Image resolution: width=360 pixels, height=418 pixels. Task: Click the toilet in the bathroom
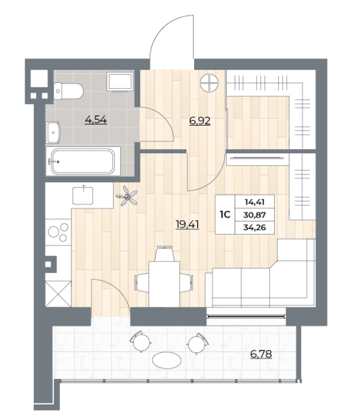[69, 91]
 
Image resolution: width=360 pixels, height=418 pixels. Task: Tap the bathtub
[83, 162]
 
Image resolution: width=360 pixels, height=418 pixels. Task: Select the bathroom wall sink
[53, 132]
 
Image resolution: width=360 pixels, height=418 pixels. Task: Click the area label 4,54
[96, 120]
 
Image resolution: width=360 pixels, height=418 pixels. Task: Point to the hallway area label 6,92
[200, 121]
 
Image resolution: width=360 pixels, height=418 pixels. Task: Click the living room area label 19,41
[188, 224]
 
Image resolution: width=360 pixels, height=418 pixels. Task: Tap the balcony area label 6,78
[261, 354]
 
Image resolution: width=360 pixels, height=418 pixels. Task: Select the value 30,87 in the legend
[254, 215]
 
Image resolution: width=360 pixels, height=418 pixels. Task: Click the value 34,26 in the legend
[254, 227]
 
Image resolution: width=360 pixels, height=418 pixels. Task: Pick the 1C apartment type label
[225, 214]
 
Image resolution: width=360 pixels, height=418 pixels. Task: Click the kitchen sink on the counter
[83, 195]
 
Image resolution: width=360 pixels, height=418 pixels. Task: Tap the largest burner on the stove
[53, 232]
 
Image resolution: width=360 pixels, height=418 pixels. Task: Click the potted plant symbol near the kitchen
[127, 196]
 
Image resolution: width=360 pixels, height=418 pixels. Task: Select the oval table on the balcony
[167, 360]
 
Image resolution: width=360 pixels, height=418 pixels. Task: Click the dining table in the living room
[164, 284]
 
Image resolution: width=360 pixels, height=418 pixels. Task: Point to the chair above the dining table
[165, 254]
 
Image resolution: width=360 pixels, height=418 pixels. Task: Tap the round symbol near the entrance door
[209, 83]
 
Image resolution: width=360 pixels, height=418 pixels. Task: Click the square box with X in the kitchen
[58, 294]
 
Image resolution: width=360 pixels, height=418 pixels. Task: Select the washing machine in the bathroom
[120, 82]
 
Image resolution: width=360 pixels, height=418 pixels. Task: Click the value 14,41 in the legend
[254, 202]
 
